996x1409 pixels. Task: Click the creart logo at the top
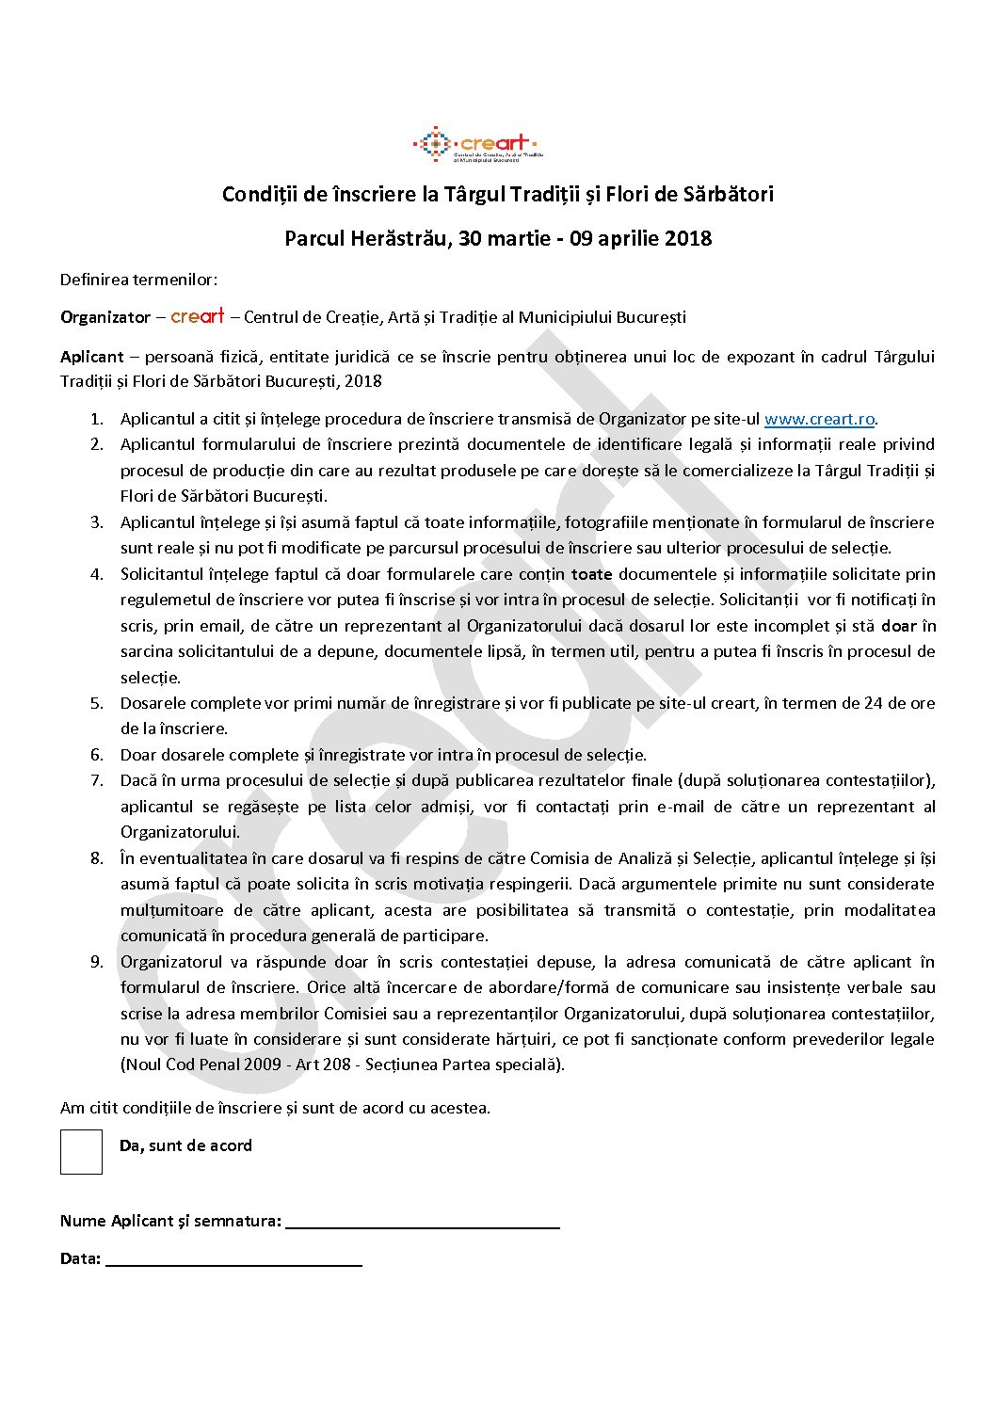pos(476,145)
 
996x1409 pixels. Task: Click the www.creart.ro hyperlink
pos(819,420)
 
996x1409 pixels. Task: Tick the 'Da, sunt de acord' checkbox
pos(81,1151)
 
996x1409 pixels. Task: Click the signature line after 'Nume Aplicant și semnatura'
pos(422,1222)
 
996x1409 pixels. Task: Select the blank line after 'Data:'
pos(233,1259)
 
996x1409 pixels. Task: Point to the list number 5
pos(97,703)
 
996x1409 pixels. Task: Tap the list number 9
pos(97,962)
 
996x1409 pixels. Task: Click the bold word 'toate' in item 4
pos(591,574)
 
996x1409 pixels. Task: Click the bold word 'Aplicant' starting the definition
pos(91,357)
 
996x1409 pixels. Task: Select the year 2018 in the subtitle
pos(688,238)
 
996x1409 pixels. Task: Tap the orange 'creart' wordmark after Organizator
pos(198,316)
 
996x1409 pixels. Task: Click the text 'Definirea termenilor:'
pos(138,280)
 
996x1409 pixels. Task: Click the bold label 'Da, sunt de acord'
pos(185,1145)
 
